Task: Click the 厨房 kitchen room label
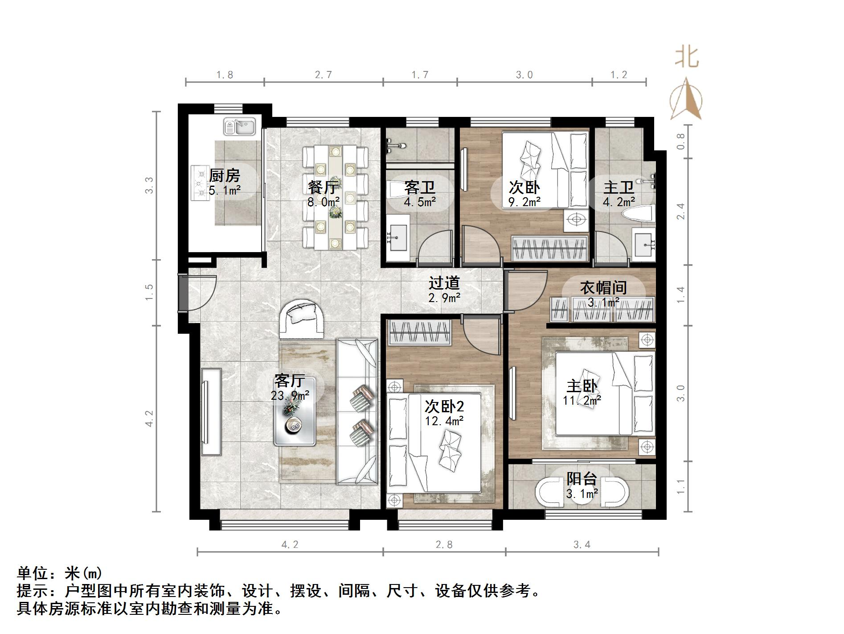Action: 224,175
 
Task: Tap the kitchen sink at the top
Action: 239,127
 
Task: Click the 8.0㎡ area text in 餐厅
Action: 324,202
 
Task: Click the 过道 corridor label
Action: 444,283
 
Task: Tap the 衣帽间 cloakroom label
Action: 603,288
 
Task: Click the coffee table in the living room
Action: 295,411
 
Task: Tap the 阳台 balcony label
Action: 582,479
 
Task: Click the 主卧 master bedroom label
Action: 582,386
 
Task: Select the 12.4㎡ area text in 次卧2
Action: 444,421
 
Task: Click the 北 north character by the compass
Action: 687,57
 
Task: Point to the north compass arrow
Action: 686,99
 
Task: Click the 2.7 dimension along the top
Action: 324,75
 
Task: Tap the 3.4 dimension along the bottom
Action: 582,544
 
